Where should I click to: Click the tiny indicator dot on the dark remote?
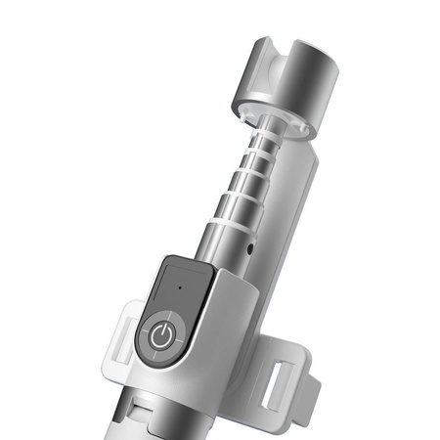(181, 287)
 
